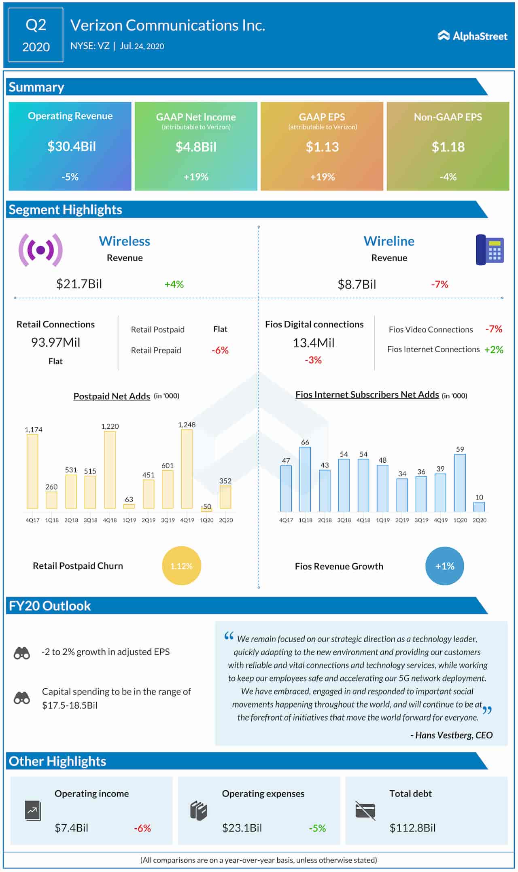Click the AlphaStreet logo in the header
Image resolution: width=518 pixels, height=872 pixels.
[x=472, y=36]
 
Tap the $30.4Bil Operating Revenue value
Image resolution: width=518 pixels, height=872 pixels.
[x=71, y=146]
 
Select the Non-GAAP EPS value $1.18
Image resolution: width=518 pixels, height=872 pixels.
[x=448, y=147]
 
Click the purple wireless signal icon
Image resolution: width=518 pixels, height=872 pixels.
[x=40, y=250]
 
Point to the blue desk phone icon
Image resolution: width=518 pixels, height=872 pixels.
[x=490, y=250]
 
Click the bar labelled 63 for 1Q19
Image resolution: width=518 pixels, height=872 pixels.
[x=129, y=506]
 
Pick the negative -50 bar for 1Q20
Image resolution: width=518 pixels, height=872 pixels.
[x=206, y=510]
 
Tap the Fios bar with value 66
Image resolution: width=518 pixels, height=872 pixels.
[x=305, y=479]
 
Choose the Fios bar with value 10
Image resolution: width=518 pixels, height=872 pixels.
[x=479, y=507]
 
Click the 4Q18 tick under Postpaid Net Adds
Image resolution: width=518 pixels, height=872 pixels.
[x=110, y=520]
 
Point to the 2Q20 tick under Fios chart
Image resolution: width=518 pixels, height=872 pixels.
[x=480, y=520]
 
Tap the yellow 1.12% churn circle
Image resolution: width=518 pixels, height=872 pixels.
[x=181, y=566]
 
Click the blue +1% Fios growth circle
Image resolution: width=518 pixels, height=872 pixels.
[x=444, y=566]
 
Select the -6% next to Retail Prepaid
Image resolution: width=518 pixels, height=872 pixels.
[x=220, y=350]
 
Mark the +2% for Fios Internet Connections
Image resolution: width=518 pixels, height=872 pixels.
[x=494, y=349]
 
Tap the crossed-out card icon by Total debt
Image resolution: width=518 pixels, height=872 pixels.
[x=365, y=811]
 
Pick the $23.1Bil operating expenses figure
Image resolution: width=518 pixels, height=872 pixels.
[x=242, y=828]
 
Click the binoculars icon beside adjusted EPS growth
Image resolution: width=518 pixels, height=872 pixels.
[x=22, y=653]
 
